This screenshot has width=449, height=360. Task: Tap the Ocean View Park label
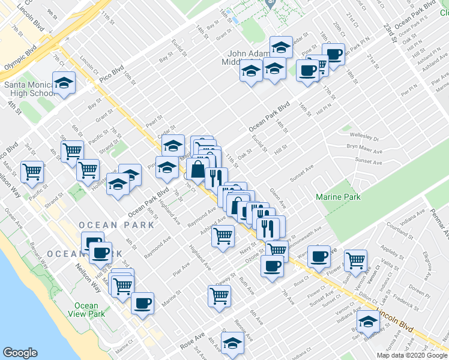(x=86, y=310)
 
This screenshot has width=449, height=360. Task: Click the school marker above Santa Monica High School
(x=64, y=83)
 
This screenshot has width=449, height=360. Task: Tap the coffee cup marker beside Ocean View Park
(x=142, y=303)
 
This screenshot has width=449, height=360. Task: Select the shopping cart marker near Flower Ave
(x=356, y=260)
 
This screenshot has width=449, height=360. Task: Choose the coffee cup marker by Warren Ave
(x=319, y=256)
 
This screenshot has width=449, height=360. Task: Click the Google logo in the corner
(x=20, y=353)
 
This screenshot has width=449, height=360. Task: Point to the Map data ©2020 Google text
(x=411, y=355)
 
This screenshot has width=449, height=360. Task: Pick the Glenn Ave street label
(x=278, y=197)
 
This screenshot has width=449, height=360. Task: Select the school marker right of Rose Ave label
(x=232, y=343)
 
